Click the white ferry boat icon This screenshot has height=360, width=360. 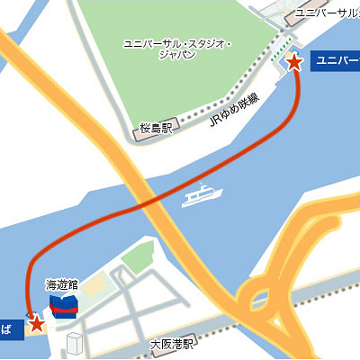pyautogui.click(x=202, y=195)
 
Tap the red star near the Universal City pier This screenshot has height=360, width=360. pyautogui.click(x=293, y=62)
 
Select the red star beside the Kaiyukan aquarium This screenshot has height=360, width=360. pyautogui.click(x=36, y=323)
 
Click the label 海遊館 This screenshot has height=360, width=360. pyautogui.click(x=62, y=284)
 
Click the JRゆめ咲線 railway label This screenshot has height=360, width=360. pyautogui.click(x=233, y=110)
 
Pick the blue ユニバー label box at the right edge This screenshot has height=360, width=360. pyautogui.click(x=335, y=62)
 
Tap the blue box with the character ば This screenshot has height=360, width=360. pyautogui.click(x=9, y=329)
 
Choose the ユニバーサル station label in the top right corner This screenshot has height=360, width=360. pyautogui.click(x=327, y=13)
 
